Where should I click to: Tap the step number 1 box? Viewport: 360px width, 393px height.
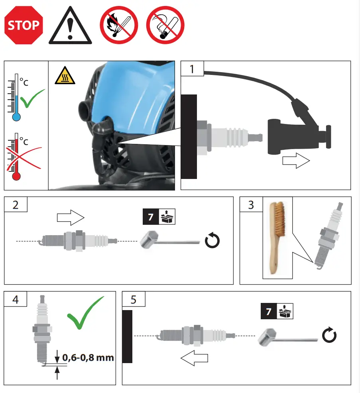coord(193,69)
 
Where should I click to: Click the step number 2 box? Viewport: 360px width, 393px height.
coord(16,205)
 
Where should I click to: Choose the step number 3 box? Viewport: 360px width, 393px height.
coord(251,205)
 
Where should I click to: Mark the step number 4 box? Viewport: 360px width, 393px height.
coord(16,299)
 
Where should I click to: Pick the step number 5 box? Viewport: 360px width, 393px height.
coord(133,299)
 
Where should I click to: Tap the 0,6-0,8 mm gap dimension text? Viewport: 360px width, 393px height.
coord(88,357)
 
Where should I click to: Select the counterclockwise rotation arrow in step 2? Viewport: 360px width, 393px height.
coord(211,241)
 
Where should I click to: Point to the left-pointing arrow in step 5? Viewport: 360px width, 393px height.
coord(195,358)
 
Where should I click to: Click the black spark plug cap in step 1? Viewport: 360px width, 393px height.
coord(295,136)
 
